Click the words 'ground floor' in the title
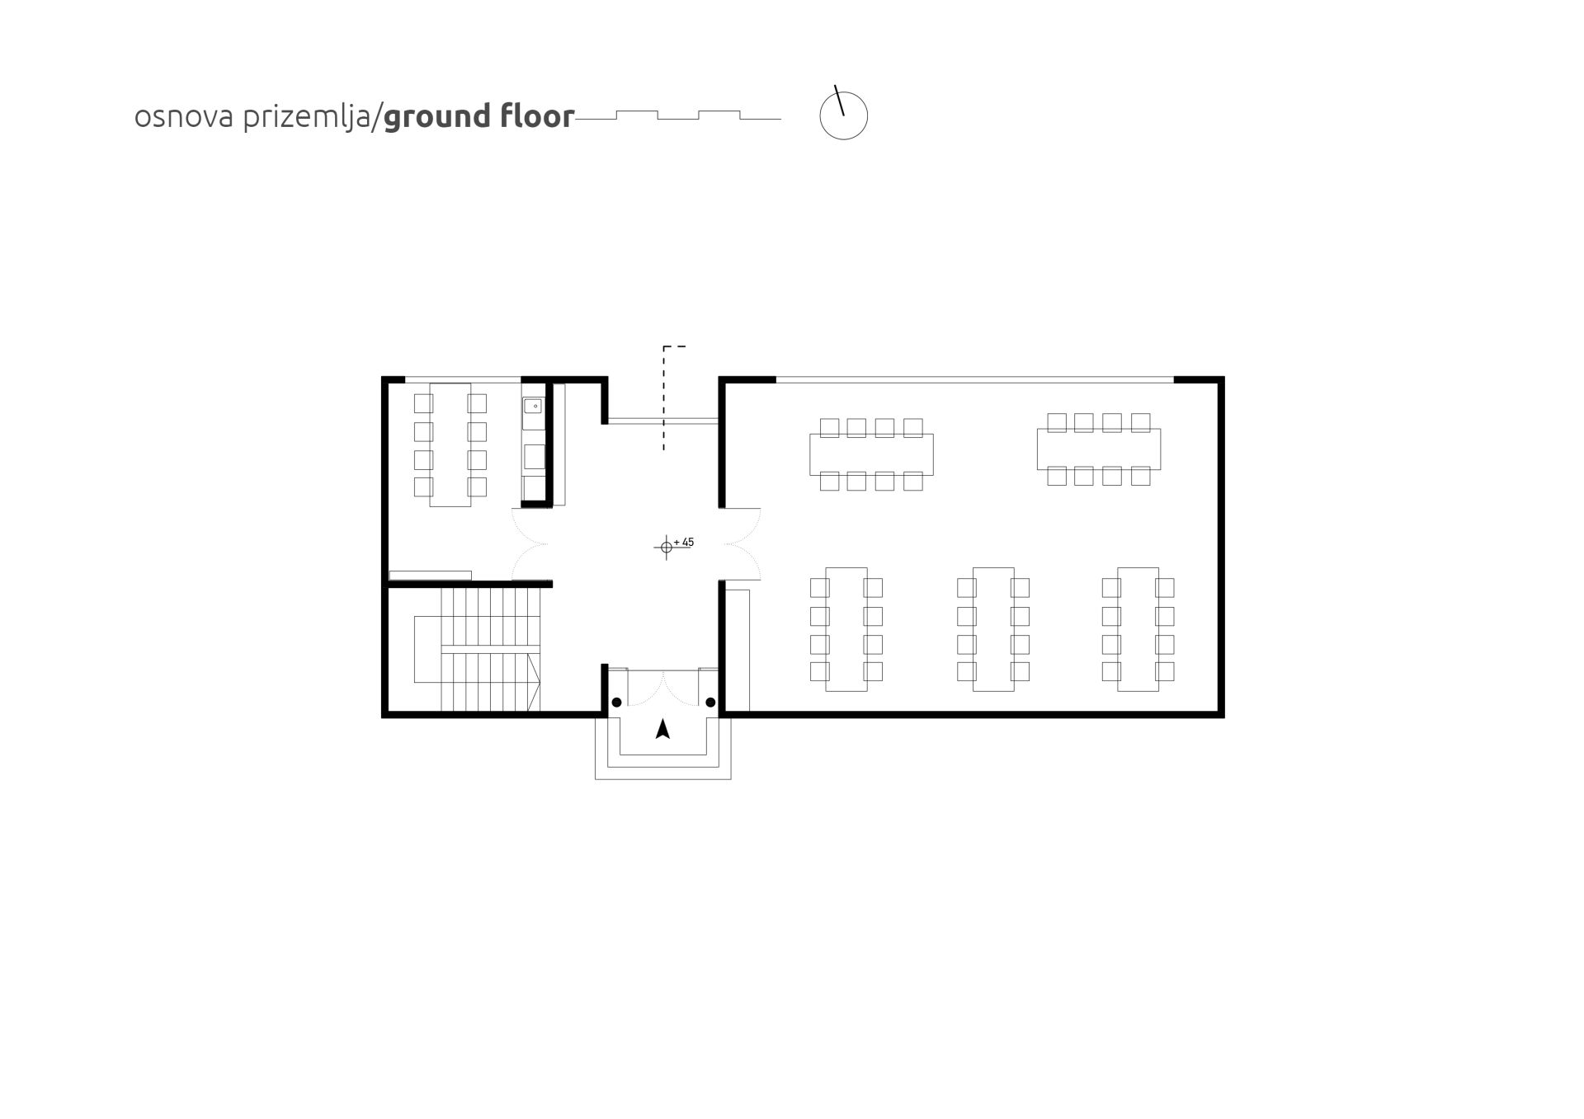tap(478, 116)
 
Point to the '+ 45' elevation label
tap(684, 543)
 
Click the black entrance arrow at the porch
tap(662, 729)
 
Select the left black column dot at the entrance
tap(616, 703)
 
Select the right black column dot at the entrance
tap(710, 703)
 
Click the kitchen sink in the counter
tap(534, 406)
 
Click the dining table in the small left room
tap(450, 444)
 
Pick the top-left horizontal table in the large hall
tap(871, 454)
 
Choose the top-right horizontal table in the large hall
tap(1099, 449)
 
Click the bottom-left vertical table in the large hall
tap(846, 629)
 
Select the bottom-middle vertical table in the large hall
tap(993, 629)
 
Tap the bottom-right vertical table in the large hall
tap(1138, 629)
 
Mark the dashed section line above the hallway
tap(664, 397)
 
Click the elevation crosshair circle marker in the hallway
tap(667, 547)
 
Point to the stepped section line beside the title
tap(678, 115)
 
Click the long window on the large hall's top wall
tap(975, 380)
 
